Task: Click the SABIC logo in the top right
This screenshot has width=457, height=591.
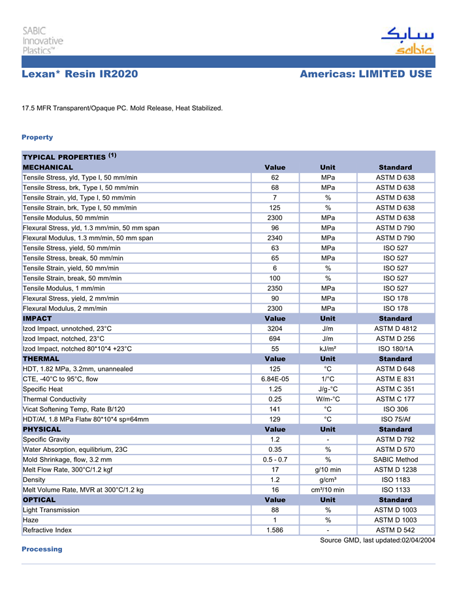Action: [406, 40]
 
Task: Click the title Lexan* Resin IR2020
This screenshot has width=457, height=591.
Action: [80, 74]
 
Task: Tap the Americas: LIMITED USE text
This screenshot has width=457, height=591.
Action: [366, 74]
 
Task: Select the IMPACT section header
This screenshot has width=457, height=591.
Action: [37, 318]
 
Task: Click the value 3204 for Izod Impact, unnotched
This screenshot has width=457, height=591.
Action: [275, 328]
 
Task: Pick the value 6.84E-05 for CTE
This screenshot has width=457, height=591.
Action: [275, 379]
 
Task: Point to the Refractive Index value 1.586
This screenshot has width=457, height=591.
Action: [275, 530]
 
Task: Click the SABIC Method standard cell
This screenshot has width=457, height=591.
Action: [395, 459]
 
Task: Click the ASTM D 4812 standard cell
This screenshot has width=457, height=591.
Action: [395, 328]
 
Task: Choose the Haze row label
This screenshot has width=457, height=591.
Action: [31, 520]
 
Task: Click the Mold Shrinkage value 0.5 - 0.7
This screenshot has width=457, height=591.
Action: [275, 459]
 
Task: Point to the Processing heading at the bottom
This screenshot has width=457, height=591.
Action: [42, 549]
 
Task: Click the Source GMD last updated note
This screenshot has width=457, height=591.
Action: [377, 540]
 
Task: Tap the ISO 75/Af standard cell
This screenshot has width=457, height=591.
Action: [395, 419]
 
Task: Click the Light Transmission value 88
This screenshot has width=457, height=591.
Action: [275, 509]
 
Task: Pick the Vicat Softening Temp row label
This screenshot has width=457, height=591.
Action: [74, 409]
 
